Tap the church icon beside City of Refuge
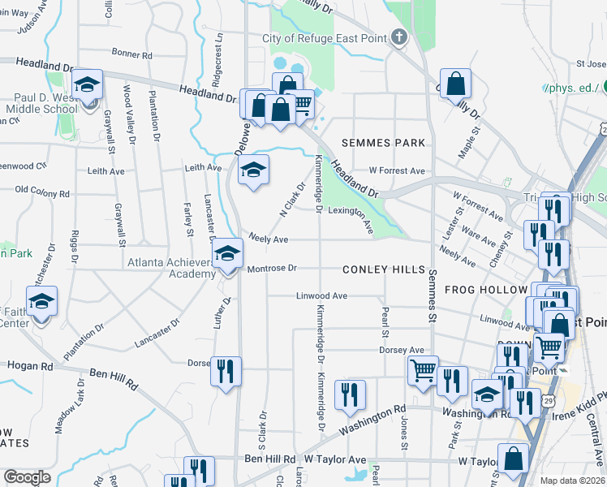[398, 37]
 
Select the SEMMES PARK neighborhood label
[383, 143]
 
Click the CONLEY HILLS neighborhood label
[384, 269]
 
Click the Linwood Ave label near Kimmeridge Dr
[321, 296]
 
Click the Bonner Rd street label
[133, 54]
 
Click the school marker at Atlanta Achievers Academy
[228, 256]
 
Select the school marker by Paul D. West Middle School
[87, 84]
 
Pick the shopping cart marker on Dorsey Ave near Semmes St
[423, 370]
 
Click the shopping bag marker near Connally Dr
[456, 83]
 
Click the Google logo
[28, 477]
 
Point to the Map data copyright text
[571, 481]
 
